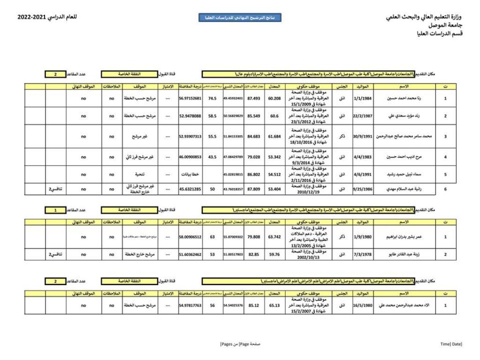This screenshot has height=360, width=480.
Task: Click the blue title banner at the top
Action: [240, 18]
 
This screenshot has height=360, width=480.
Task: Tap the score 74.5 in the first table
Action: [212, 98]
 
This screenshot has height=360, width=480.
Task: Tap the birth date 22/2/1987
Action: [362, 115]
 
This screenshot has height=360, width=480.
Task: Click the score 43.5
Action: [212, 157]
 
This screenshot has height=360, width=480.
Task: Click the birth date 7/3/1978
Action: [362, 255]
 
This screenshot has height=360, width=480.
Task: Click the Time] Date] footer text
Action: [451, 344]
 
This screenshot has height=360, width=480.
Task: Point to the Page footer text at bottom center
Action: [240, 344]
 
